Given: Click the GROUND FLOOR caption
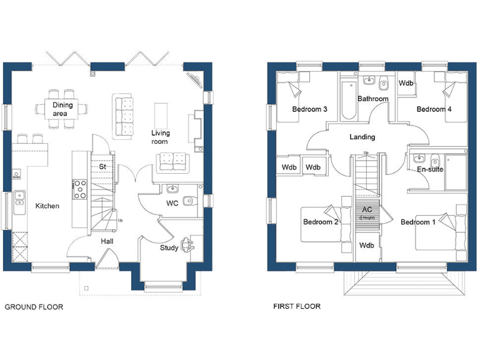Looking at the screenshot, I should coord(34,307).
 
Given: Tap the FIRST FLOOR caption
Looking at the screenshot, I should coord(297,306).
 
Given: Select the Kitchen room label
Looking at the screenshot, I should coord(47,206).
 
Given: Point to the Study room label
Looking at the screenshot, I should coord(169,247).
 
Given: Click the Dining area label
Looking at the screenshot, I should coord(62,109).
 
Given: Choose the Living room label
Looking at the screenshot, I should coord(161,137).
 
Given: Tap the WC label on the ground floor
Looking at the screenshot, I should coord(172,204).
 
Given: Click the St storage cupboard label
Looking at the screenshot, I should coord(102,167).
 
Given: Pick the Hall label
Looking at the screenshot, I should coord(107,241).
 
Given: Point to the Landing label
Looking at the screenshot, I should coord(362,137).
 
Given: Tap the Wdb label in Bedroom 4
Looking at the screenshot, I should coord(406,83).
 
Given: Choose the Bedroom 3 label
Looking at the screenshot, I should coord(310,109).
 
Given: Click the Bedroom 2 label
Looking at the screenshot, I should coord(321,222).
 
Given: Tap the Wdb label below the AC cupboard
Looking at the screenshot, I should coord(366,245).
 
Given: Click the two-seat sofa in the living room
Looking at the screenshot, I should coord(173,161).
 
